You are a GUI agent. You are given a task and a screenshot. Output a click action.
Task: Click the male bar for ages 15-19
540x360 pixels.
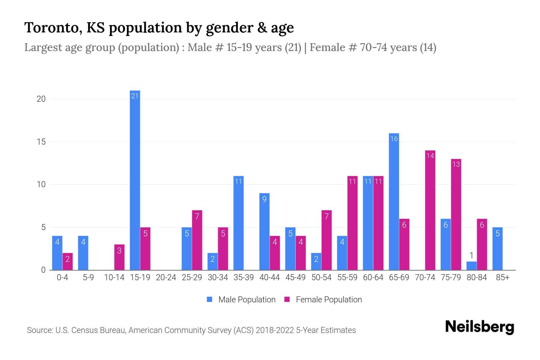click(135, 180)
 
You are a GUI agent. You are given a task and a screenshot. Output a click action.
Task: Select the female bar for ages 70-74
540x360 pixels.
click(430, 210)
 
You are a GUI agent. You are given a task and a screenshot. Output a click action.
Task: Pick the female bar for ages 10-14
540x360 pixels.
click(119, 257)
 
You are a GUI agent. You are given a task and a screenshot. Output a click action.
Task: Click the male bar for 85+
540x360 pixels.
click(497, 249)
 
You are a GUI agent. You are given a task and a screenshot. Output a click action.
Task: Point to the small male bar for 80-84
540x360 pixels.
click(471, 266)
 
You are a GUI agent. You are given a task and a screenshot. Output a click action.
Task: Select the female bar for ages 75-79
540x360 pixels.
click(456, 214)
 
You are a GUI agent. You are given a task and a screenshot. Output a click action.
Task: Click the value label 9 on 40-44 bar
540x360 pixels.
click(264, 199)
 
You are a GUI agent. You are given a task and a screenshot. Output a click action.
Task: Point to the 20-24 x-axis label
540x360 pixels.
click(166, 277)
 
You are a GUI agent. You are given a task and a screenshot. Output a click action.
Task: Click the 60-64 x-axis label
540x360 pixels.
click(373, 277)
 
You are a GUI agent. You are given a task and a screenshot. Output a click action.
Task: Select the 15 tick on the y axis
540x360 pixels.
click(41, 142)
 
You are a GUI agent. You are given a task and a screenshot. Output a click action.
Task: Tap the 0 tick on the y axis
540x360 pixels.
click(43, 270)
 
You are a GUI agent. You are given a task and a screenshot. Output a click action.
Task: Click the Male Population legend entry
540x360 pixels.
click(241, 299)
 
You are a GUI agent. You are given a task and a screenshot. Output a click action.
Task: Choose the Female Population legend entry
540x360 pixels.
click(323, 299)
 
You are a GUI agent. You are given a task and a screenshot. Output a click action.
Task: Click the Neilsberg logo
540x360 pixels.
click(479, 327)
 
